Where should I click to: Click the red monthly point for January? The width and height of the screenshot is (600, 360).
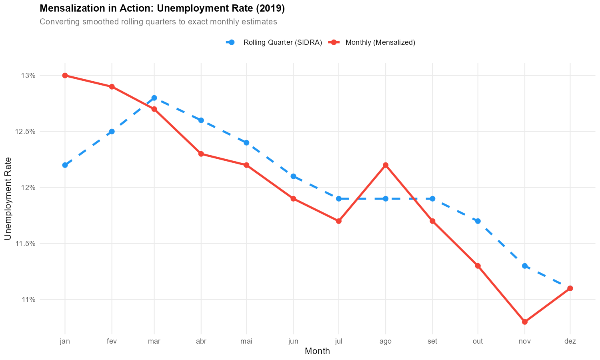pos(65,76)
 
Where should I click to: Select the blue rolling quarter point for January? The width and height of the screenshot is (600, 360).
pos(65,165)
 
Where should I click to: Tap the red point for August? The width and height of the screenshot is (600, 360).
pos(386,165)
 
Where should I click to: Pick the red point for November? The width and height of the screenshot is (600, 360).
pos(525,322)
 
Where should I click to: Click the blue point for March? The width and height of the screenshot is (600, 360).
pos(154,98)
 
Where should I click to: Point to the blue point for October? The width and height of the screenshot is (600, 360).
pos(478,221)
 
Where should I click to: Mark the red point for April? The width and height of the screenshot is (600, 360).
pos(201,154)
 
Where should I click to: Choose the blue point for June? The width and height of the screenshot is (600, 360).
pos(293,176)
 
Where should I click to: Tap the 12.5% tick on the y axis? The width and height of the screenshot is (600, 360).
pos(26,132)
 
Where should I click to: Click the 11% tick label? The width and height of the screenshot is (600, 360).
pos(29,299)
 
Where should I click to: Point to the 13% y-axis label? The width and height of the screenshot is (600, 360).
pos(29,76)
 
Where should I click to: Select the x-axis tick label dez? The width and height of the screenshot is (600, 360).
pos(570,341)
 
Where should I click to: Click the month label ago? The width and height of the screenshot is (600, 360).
pos(386,341)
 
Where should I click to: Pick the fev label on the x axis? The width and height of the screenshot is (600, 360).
pos(112,341)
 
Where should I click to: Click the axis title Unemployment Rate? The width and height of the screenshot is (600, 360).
pos(8,199)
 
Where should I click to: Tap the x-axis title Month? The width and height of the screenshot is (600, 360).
pos(317,351)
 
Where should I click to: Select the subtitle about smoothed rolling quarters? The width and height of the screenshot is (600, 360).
pos(158,22)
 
